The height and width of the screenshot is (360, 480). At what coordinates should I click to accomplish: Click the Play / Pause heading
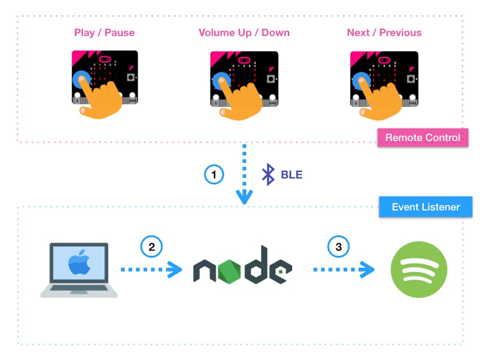point(104,33)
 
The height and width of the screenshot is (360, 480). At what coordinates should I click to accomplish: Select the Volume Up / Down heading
point(244,33)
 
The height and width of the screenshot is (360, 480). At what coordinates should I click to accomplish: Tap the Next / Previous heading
point(384,33)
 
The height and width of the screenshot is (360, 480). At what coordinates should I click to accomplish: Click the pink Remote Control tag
point(422,138)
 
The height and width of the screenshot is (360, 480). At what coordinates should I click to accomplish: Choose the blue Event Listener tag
point(426,207)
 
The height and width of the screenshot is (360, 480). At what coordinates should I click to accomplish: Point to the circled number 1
point(214,174)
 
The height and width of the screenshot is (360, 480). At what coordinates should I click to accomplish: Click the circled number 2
point(151,247)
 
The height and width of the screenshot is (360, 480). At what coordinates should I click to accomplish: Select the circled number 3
point(338,247)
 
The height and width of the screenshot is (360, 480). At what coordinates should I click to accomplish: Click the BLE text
point(291,174)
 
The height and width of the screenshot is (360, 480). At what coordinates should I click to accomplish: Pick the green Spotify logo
point(419,269)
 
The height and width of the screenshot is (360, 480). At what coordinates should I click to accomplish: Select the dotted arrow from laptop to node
point(151,270)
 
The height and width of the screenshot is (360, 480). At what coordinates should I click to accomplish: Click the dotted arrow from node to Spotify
point(343,270)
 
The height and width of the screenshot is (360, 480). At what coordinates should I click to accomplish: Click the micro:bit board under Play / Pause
point(105,77)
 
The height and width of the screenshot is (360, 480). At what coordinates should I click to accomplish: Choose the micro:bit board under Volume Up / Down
point(244,78)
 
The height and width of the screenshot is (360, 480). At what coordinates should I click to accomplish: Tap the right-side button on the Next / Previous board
point(411,78)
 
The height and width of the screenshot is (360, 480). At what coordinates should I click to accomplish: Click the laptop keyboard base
point(79,292)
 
